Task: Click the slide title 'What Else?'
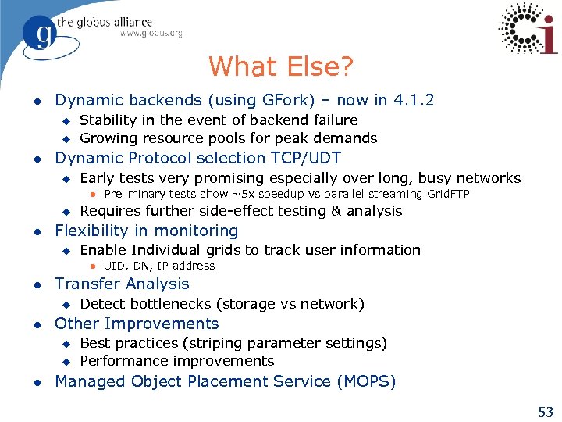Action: [x=281, y=66]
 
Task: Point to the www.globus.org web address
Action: [x=151, y=34]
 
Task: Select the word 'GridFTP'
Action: [x=443, y=194]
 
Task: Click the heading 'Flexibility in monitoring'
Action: [x=146, y=231]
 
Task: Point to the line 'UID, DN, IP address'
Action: [x=158, y=266]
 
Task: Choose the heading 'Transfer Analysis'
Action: [x=122, y=284]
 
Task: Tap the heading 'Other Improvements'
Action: [x=137, y=324]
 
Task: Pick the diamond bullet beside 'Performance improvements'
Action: [x=66, y=362]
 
